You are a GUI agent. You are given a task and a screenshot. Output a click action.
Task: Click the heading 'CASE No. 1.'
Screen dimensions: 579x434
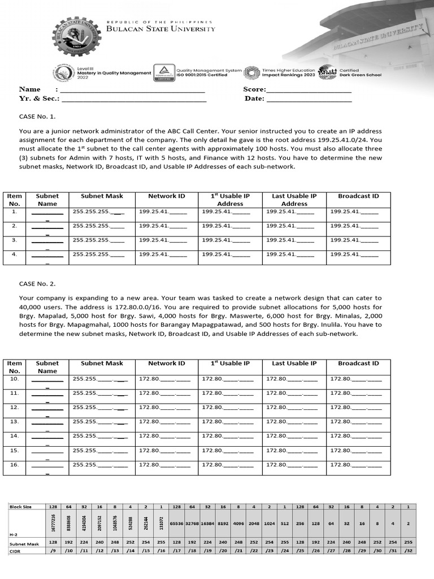pos(38,117)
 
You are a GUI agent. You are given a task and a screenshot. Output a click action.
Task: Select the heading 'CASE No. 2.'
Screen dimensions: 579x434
pos(38,283)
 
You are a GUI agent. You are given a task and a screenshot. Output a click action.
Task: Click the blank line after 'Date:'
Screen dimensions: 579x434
pos(309,98)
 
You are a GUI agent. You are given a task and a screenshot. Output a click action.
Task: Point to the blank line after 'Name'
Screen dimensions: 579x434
pos(132,89)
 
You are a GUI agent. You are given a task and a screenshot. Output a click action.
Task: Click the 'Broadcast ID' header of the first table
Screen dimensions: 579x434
pos(358,196)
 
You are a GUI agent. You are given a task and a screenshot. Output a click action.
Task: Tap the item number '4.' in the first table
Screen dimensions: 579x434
pos(15,254)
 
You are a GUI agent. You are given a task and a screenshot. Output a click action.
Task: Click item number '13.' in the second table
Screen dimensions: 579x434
pos(15,421)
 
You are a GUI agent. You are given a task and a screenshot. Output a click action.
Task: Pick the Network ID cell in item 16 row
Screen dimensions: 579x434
pos(164,464)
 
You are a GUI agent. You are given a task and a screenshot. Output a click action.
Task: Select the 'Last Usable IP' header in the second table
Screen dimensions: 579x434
pos(294,364)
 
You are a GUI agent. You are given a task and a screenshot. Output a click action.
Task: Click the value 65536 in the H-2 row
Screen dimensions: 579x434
pos(177,524)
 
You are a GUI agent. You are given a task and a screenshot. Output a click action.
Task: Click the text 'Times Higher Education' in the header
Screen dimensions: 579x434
pos(288,71)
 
